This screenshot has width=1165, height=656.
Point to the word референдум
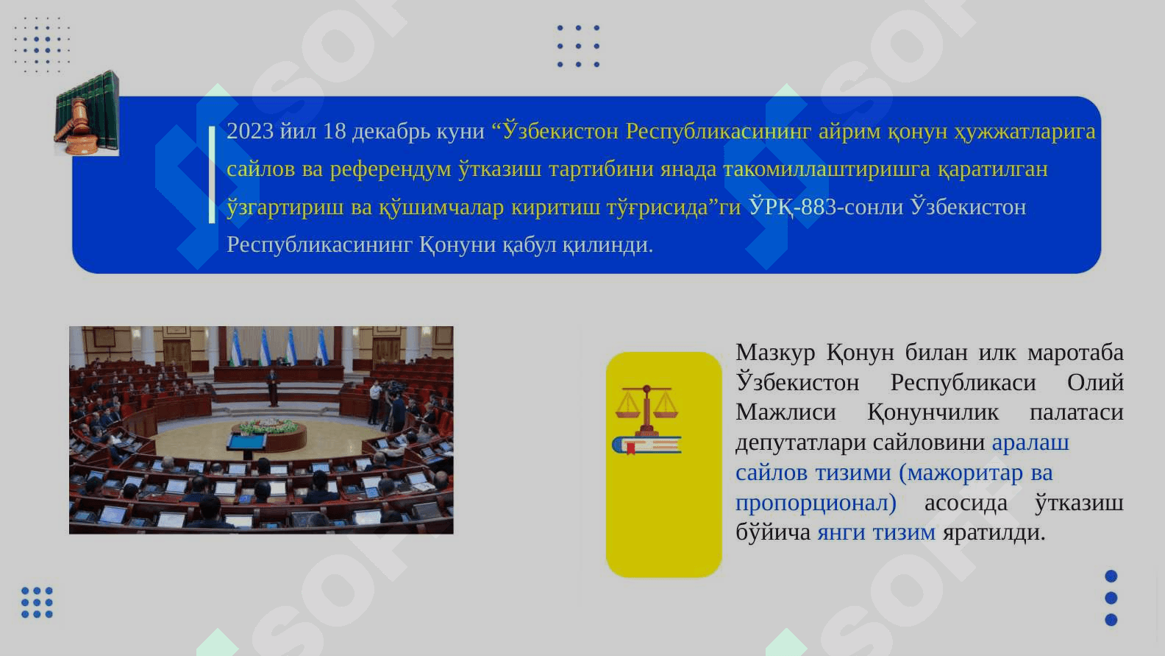pos(391,170)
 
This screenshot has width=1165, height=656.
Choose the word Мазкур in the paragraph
pos(775,353)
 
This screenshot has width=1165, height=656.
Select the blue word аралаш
pos(1030,443)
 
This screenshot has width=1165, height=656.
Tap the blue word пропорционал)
pos(816,504)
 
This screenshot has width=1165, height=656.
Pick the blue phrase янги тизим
pos(877,532)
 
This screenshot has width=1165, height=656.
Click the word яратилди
pos(994,533)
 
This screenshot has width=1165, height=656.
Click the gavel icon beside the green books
pos(76,127)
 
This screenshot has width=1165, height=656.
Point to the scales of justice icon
pos(646,410)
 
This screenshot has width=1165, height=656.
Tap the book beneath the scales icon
pos(646,445)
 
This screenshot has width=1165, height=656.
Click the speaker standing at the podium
pos(273,387)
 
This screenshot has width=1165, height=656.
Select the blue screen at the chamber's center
pos(247,442)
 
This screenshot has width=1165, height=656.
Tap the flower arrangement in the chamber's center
pos(269,426)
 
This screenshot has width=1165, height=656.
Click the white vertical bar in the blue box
pos(212,174)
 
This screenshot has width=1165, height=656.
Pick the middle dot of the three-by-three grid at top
pos(578,46)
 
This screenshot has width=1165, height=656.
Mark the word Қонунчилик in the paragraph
pos(933,413)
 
